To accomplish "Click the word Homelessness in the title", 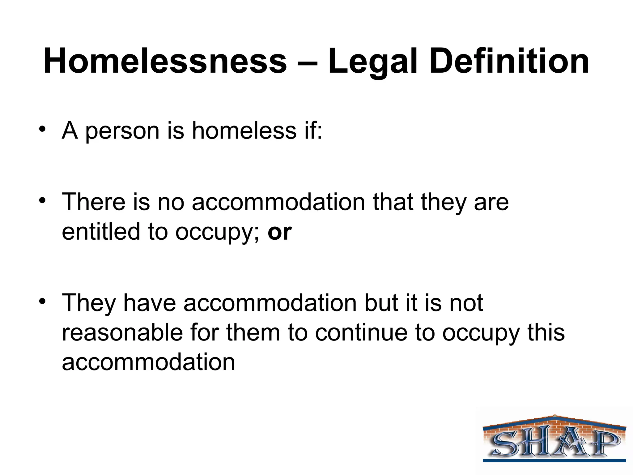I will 165,61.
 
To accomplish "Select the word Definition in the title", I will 509,61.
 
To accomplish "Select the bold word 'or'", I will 279,233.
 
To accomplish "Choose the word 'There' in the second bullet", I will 93,202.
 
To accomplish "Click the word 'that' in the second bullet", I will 393,202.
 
